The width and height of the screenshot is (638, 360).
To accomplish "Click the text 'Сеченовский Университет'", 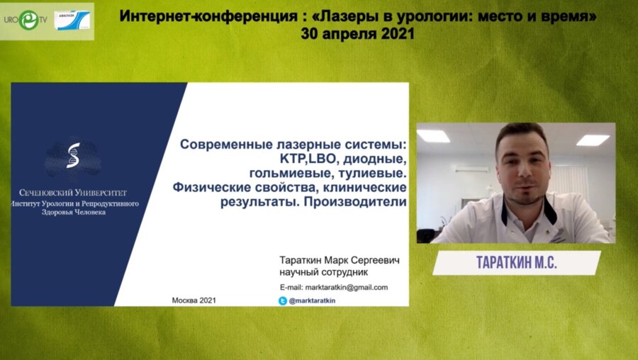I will [74, 192].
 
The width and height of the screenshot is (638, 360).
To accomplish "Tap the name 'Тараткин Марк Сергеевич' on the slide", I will [340, 261].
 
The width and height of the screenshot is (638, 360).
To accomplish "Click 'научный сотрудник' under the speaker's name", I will [324, 273].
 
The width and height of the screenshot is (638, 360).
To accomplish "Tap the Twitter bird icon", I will [282, 300].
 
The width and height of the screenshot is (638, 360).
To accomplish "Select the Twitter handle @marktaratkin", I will [313, 300].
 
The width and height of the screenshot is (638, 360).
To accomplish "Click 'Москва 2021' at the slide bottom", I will [194, 300].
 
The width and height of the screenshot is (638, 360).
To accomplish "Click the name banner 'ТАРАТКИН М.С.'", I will [516, 262].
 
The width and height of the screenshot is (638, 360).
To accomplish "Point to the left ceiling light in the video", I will [433, 136].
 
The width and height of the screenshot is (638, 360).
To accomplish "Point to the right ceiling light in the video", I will [593, 140].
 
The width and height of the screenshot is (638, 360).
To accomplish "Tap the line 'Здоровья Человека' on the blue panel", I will [74, 212].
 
